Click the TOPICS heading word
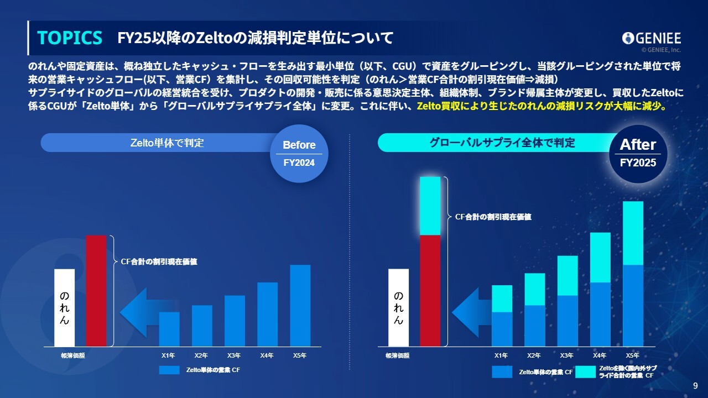[x=70, y=38]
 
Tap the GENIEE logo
[x=652, y=39]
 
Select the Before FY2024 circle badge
[x=299, y=154]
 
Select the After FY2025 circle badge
[x=638, y=154]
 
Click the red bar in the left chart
[x=96, y=291]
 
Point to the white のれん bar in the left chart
[x=65, y=308]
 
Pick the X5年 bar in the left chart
[x=300, y=306]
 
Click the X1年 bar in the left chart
[x=169, y=329]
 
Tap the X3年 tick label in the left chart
[x=234, y=355]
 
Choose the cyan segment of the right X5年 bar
[x=633, y=233]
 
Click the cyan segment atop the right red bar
[x=430, y=206]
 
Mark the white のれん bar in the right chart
[x=399, y=308]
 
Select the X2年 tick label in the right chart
[x=534, y=355]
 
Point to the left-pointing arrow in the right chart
[x=472, y=312]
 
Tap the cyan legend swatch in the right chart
[x=585, y=372]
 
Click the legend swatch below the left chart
[x=169, y=370]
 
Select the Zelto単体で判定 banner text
[x=167, y=143]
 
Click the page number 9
[x=695, y=386]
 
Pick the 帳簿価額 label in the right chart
[x=398, y=355]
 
